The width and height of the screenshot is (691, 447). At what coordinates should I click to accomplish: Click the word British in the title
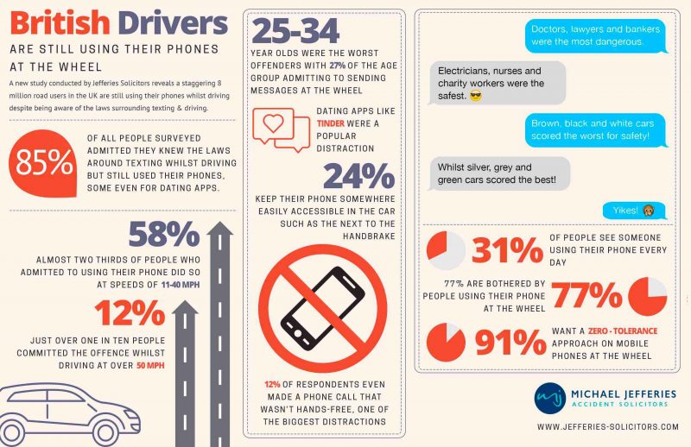60,23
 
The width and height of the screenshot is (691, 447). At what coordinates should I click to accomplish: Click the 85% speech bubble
42,163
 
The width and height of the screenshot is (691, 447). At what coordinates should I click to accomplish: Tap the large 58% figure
164,235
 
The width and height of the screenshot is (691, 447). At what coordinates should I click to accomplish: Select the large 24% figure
359,176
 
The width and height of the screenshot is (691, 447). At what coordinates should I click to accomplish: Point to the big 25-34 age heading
295,31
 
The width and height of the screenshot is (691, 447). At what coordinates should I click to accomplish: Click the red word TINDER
331,123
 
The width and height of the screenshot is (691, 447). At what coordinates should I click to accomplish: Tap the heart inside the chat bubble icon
273,123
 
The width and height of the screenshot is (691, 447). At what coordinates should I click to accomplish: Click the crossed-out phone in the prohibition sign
323,309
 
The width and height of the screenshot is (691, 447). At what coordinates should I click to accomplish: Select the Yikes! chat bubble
634,211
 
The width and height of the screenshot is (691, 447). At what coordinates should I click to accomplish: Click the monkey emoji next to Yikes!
649,211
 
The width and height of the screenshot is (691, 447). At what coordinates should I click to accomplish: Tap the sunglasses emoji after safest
476,96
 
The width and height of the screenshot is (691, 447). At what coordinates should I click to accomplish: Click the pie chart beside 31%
446,250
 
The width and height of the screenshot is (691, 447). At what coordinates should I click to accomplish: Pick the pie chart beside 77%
647,296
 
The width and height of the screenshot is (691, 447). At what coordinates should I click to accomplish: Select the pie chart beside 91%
446,343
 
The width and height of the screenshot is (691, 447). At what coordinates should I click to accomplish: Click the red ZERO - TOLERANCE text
622,331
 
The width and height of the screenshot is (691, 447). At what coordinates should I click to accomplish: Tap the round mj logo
550,398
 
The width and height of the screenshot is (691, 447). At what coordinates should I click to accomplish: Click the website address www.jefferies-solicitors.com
608,427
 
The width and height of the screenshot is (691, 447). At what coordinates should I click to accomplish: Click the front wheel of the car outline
106,432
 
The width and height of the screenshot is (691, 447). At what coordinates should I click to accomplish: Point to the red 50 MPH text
150,366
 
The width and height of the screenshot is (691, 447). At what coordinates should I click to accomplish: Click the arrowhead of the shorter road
185,308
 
